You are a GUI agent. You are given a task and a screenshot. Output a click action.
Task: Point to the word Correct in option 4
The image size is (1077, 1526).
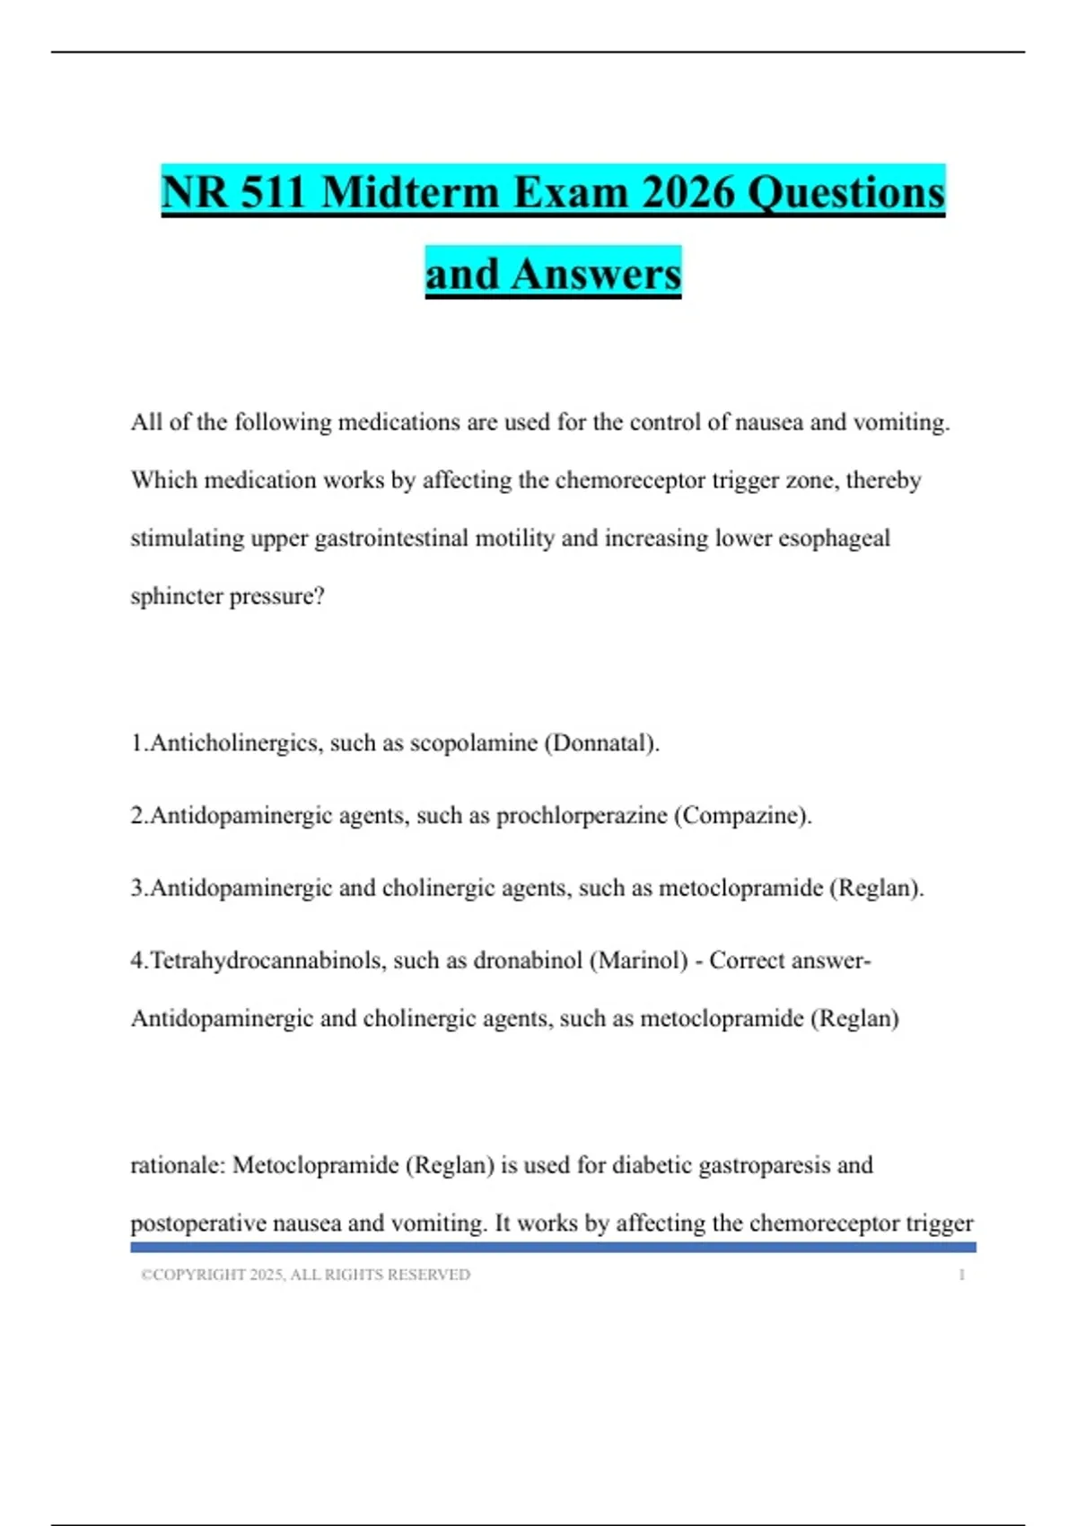(x=745, y=960)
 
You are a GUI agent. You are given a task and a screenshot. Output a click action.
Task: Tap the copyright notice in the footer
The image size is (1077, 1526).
(x=305, y=1275)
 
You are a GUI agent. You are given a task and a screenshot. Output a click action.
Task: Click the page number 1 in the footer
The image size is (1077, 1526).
(x=961, y=1275)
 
